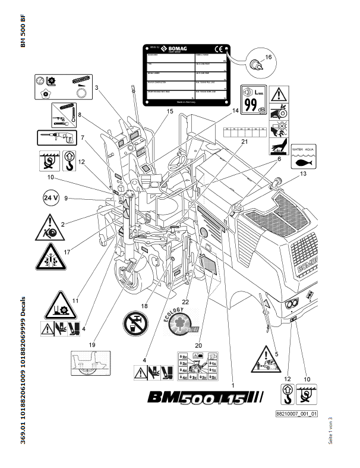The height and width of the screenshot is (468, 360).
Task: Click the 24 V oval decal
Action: (x=52, y=198)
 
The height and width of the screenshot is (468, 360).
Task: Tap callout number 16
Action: (x=267, y=58)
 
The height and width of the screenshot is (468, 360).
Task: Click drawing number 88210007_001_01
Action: (x=296, y=413)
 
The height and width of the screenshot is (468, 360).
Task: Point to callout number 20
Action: (x=198, y=344)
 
